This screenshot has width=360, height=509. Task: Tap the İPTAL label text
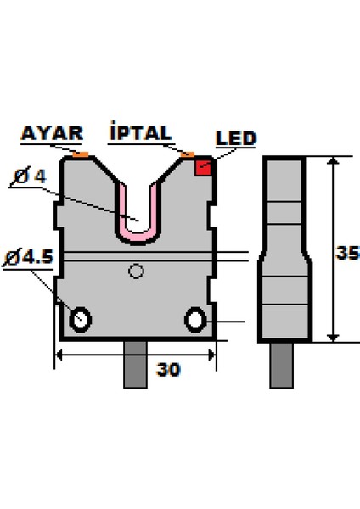click(x=141, y=133)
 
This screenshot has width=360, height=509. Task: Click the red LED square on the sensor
click(x=204, y=167)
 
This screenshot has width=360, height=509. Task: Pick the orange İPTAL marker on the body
click(x=188, y=155)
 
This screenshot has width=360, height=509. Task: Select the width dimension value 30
click(x=170, y=369)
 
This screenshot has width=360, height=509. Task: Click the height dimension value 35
click(x=346, y=253)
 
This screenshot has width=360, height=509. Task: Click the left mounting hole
click(x=82, y=319)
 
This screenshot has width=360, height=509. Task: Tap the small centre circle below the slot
click(x=135, y=271)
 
